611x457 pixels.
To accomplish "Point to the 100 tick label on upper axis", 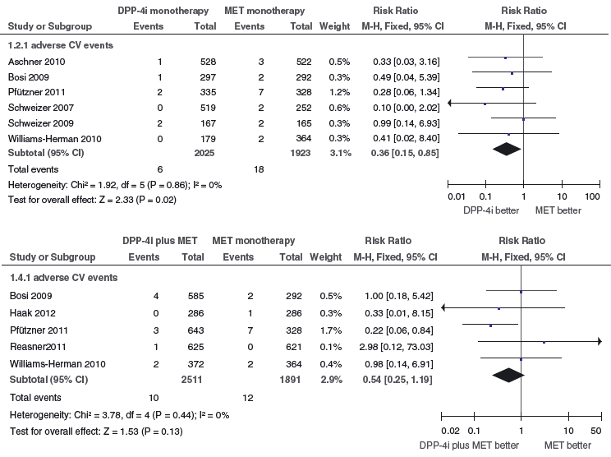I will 592,197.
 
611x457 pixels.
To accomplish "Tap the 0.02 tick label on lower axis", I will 449,430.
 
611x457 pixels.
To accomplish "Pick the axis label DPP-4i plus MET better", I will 469,445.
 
